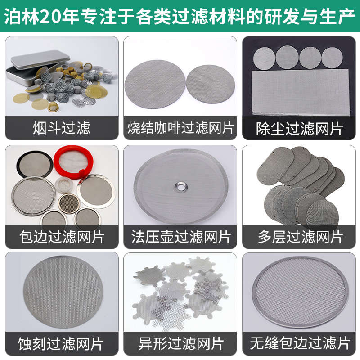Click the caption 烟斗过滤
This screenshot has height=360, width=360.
click(62, 128)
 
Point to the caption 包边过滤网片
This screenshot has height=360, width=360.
click(62, 236)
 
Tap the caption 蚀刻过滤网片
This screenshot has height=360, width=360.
click(62, 344)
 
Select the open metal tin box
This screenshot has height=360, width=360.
click(36, 65)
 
